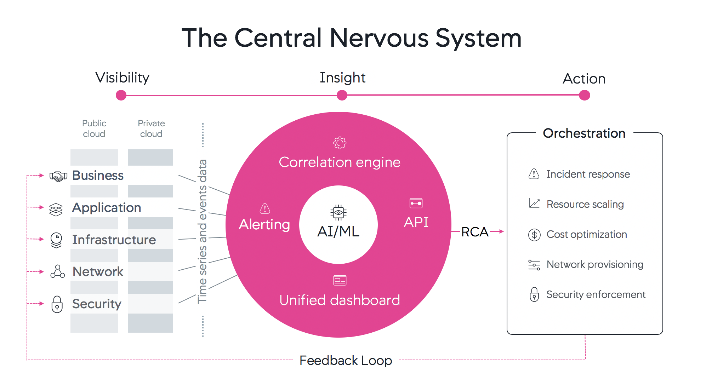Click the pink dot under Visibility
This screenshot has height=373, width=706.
(121, 95)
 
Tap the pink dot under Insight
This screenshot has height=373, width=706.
(342, 95)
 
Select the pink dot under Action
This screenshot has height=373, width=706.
(584, 95)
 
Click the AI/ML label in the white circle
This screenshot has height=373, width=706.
(338, 231)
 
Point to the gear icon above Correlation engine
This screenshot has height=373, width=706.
(340, 143)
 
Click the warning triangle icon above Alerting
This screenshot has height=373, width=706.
(265, 208)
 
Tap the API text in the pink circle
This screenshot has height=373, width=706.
(416, 222)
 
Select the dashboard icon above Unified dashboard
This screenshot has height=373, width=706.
(340, 280)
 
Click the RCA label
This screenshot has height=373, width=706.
(475, 232)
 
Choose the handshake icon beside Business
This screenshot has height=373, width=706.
(58, 176)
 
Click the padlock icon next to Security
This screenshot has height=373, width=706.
(57, 304)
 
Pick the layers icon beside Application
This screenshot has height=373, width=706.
(56, 210)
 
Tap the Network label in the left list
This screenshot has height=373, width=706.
(98, 271)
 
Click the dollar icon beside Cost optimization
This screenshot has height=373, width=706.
(534, 235)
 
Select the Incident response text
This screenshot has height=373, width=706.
(588, 174)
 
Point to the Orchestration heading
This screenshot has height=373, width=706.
(584, 133)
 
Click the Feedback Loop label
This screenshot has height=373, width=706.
(346, 360)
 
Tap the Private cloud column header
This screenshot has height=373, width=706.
(151, 128)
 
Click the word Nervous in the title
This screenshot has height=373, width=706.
(379, 38)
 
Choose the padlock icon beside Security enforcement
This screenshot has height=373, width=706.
(534, 294)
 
